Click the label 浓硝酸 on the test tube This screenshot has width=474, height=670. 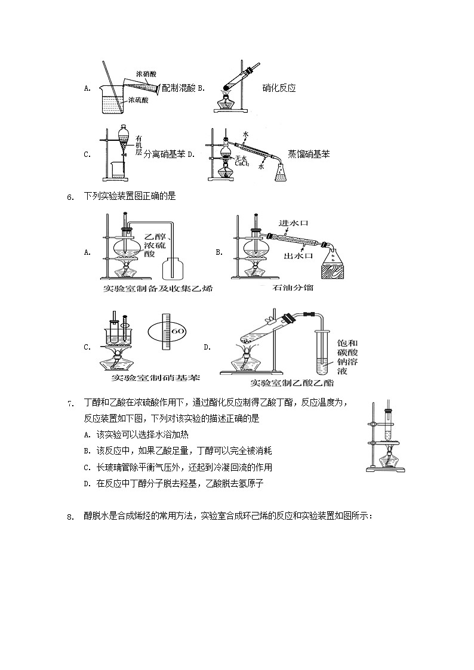146,75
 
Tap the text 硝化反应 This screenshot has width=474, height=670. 279,88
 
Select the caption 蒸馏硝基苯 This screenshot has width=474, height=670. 309,154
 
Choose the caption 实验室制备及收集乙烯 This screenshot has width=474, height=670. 158,289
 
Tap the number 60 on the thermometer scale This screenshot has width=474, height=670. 178,331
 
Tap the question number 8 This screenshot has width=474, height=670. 70,517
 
